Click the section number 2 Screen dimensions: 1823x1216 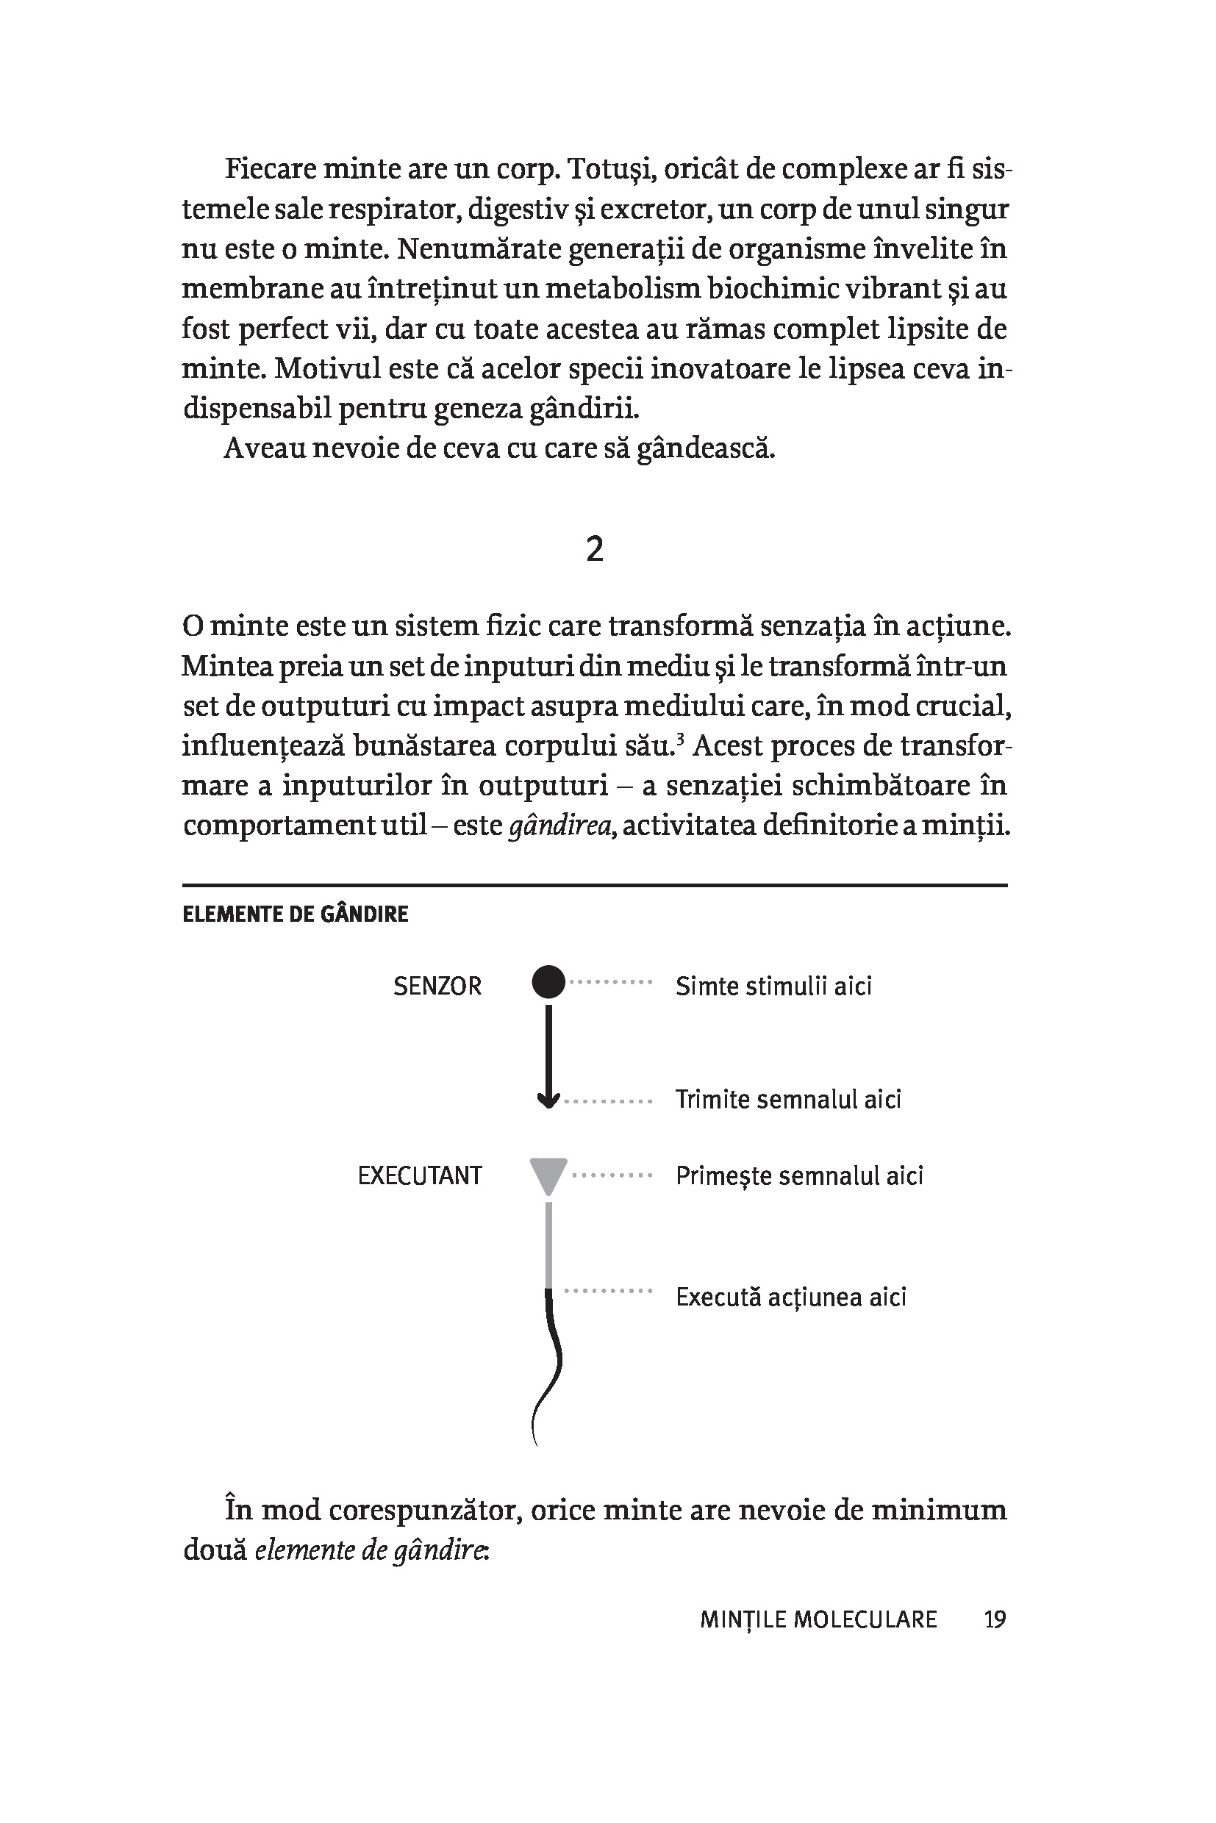(594, 549)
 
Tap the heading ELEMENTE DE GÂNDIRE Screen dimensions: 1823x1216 (295, 914)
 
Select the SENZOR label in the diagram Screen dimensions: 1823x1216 (437, 986)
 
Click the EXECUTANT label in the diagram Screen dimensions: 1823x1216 (420, 1175)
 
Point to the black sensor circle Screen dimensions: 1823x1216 (549, 981)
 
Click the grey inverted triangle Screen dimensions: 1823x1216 (548, 1174)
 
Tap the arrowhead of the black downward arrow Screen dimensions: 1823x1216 (548, 1100)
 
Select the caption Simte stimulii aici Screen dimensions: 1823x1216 (773, 986)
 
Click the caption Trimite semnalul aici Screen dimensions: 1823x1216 (788, 1100)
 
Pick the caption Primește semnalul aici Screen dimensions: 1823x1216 (798, 1175)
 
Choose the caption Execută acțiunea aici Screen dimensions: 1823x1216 (790, 1297)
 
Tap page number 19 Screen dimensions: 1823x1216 (994, 1619)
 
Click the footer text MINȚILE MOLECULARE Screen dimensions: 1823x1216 (818, 1619)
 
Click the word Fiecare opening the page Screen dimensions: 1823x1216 (269, 168)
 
